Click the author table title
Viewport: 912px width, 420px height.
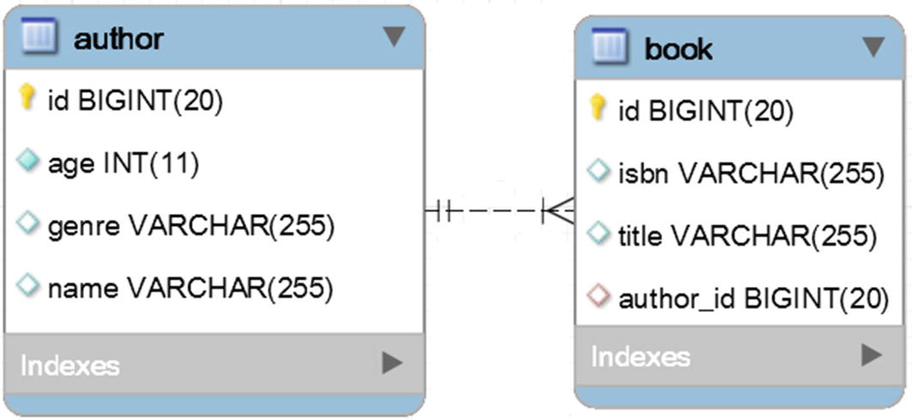[x=118, y=38]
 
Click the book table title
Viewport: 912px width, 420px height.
[x=678, y=48]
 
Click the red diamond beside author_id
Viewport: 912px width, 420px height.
[x=598, y=297]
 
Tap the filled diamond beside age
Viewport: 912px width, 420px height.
[x=28, y=162]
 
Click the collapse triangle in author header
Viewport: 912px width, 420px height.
[x=393, y=36]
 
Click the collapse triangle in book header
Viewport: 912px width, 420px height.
[x=873, y=46]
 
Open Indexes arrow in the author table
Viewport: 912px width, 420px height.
[x=392, y=363]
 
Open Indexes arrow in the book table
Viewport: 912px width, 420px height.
[x=872, y=354]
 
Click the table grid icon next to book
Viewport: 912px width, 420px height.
[x=610, y=47]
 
